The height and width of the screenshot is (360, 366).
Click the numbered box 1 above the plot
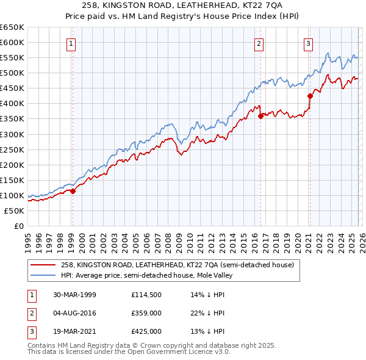coord(72,43)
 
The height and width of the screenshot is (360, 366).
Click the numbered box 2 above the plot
coord(259,43)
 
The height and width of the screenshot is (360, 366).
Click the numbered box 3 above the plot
coord(309,43)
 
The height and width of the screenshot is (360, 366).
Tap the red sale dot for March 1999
coord(73,190)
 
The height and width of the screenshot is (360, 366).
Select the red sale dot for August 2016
coord(260,116)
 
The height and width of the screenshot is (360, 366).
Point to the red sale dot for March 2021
coord(310,96)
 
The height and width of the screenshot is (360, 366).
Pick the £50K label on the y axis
coord(15,211)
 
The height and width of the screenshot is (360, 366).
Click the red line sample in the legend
coord(43,265)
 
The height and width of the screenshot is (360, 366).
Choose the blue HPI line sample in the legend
coord(43,275)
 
